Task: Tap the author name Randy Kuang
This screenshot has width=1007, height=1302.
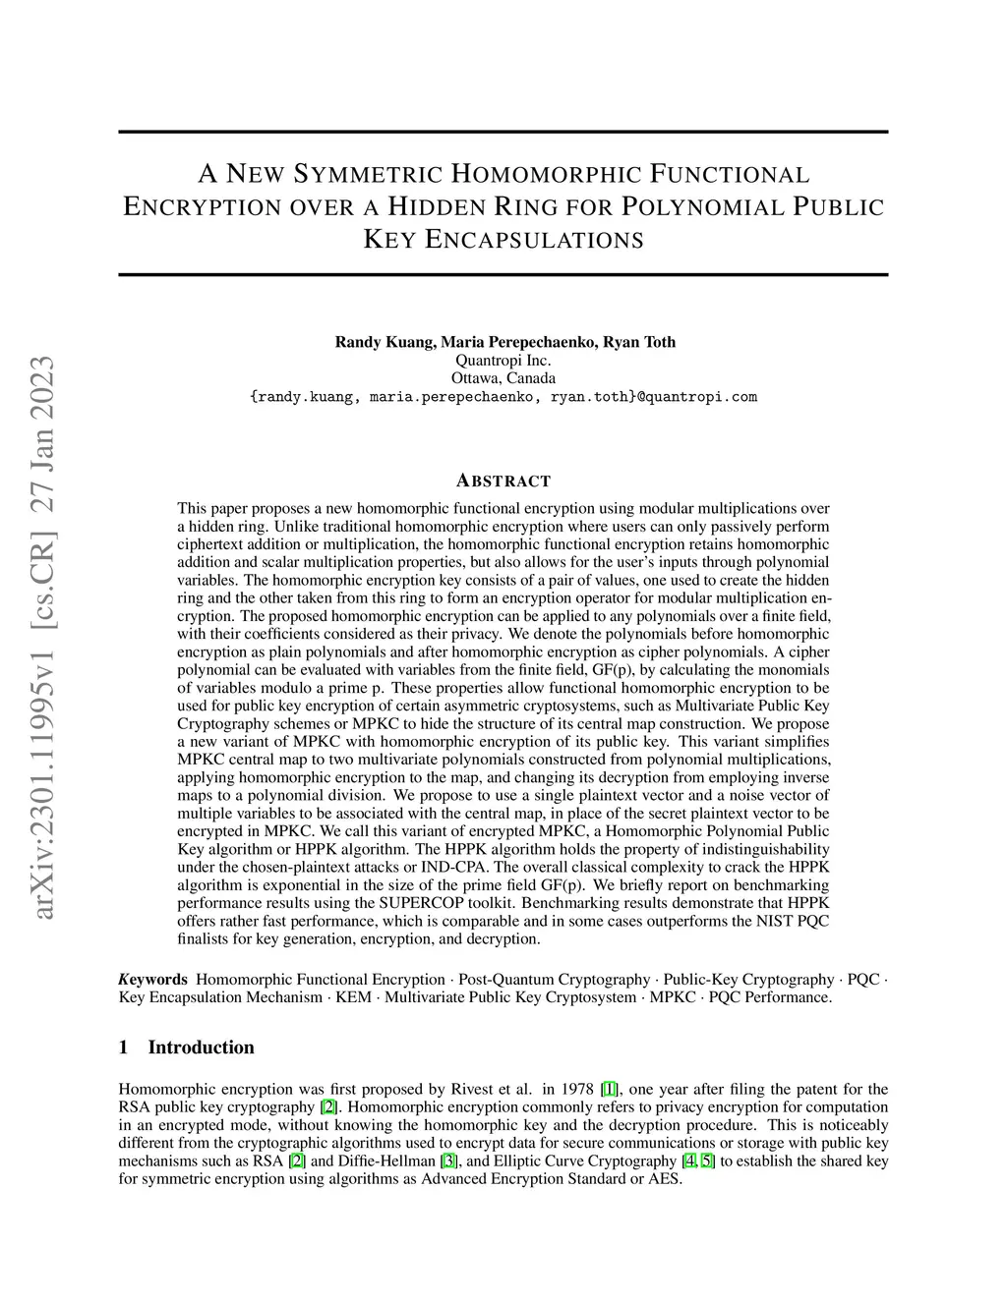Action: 384,342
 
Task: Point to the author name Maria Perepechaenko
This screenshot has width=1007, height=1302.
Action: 517,342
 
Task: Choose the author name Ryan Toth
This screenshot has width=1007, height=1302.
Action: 639,342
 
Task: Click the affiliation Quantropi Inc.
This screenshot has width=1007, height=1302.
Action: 503,361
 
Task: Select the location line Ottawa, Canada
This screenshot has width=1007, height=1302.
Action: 503,378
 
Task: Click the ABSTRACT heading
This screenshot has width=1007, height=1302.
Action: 503,481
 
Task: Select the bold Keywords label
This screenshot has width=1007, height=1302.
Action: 152,980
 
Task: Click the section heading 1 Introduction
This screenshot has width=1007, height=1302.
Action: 187,1047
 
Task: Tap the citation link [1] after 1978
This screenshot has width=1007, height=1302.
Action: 610,1089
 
